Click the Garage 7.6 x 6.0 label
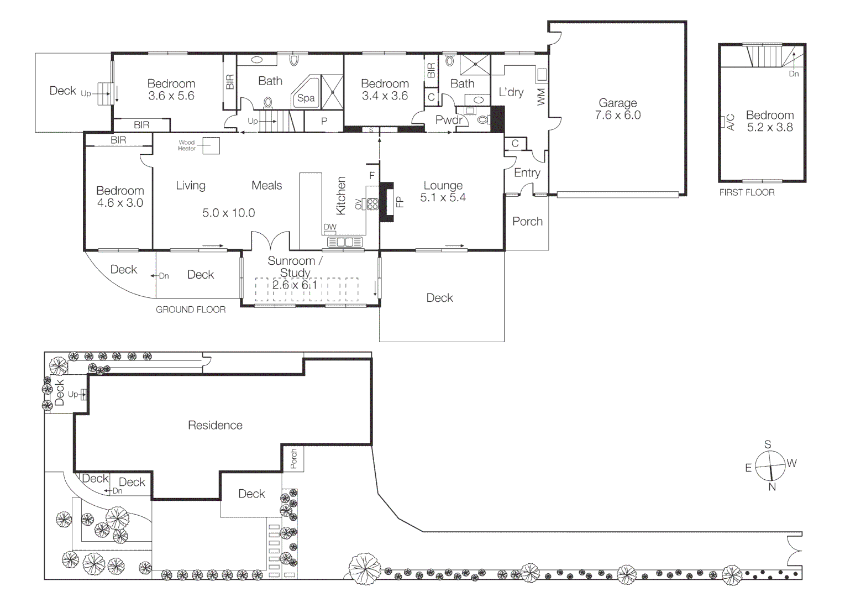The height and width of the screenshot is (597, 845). tap(617, 109)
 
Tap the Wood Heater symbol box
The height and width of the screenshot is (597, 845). tap(210, 145)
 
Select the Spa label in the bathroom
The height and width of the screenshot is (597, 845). tap(306, 98)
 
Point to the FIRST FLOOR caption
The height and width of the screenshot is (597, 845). tap(747, 192)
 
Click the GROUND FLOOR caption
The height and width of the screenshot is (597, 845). tap(191, 310)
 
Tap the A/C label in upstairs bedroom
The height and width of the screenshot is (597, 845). tap(731, 122)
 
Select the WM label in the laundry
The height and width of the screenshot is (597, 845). tap(541, 97)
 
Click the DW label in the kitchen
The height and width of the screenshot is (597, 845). tap(330, 227)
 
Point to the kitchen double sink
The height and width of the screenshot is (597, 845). tap(344, 242)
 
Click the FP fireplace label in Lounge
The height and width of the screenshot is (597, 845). tap(400, 202)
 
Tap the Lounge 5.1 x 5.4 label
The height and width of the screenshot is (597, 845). tap(443, 191)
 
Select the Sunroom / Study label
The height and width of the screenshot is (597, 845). tap(295, 266)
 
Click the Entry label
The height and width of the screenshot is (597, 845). tap(527, 172)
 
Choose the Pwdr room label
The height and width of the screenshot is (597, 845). tap(449, 120)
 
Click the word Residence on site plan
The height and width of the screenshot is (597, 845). tap(215, 425)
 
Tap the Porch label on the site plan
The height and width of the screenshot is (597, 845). tap(293, 459)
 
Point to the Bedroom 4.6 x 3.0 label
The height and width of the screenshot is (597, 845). tap(120, 197)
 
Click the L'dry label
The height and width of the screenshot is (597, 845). tap(511, 92)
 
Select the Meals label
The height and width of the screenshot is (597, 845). tap(266, 185)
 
